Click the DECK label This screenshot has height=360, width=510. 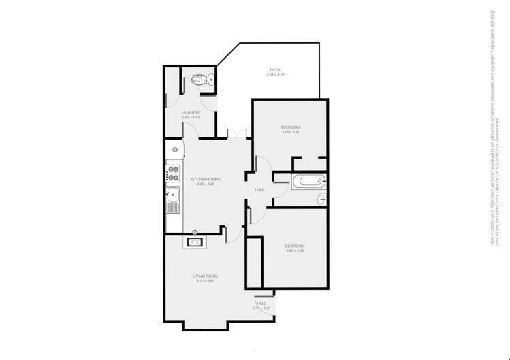click(x=275, y=69)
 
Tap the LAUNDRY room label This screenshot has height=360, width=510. click(x=191, y=112)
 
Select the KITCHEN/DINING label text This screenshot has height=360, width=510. click(x=206, y=179)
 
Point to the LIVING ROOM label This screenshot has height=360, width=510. click(x=205, y=276)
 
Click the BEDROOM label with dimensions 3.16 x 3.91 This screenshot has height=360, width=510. click(x=291, y=127)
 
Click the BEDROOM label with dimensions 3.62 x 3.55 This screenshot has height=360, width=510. click(x=295, y=246)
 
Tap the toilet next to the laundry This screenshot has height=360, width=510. click(x=202, y=80)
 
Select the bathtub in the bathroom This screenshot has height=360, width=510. click(x=308, y=182)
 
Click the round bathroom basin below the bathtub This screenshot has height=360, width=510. click(x=321, y=199)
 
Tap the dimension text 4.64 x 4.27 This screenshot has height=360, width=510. click(x=275, y=74)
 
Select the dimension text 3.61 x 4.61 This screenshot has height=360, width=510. click(x=205, y=280)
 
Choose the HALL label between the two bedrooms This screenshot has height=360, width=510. click(x=259, y=189)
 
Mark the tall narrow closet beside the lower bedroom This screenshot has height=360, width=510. click(x=254, y=263)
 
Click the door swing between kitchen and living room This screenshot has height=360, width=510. click(x=232, y=233)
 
